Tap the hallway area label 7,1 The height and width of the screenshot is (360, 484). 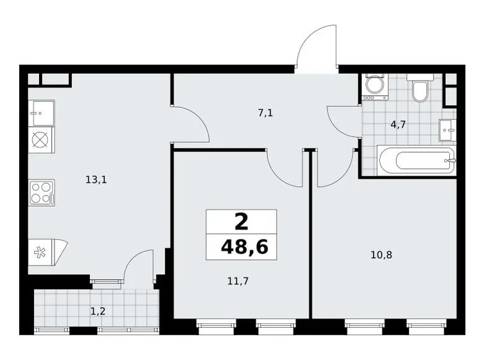(x=266, y=113)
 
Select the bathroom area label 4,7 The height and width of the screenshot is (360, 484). (x=398, y=124)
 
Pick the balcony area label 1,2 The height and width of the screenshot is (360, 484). (x=97, y=311)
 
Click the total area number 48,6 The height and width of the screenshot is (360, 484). (x=244, y=246)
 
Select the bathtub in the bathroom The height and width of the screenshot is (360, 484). (x=416, y=161)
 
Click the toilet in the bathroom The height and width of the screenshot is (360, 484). (x=419, y=90)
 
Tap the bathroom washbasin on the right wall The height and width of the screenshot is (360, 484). (x=447, y=130)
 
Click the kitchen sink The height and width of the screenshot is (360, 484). (x=41, y=112)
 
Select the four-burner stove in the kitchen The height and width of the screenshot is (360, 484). (x=41, y=192)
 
